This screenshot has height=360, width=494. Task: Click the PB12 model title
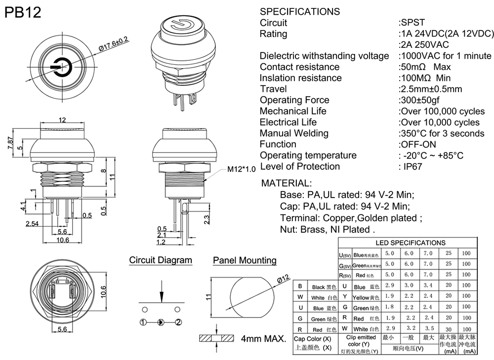(x=23, y=12)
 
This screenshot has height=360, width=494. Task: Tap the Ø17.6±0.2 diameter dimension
(x=114, y=43)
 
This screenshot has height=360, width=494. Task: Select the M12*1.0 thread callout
(x=242, y=169)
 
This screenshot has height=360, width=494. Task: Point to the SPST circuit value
(x=412, y=23)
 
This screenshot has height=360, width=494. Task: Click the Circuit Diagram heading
(x=161, y=260)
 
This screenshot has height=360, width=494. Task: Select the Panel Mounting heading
(x=245, y=260)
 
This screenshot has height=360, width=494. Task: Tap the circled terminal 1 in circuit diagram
(x=143, y=322)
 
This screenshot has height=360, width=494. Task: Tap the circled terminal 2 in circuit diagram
(x=178, y=322)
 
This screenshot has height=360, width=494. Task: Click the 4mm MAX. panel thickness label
(x=264, y=339)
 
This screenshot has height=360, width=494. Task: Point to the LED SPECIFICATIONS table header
(x=411, y=242)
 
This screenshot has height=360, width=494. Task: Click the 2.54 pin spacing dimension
(x=33, y=224)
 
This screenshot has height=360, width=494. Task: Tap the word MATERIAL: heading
(x=287, y=183)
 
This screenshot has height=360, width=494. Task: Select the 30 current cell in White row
(x=448, y=328)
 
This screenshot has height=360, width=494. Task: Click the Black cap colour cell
(x=324, y=287)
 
